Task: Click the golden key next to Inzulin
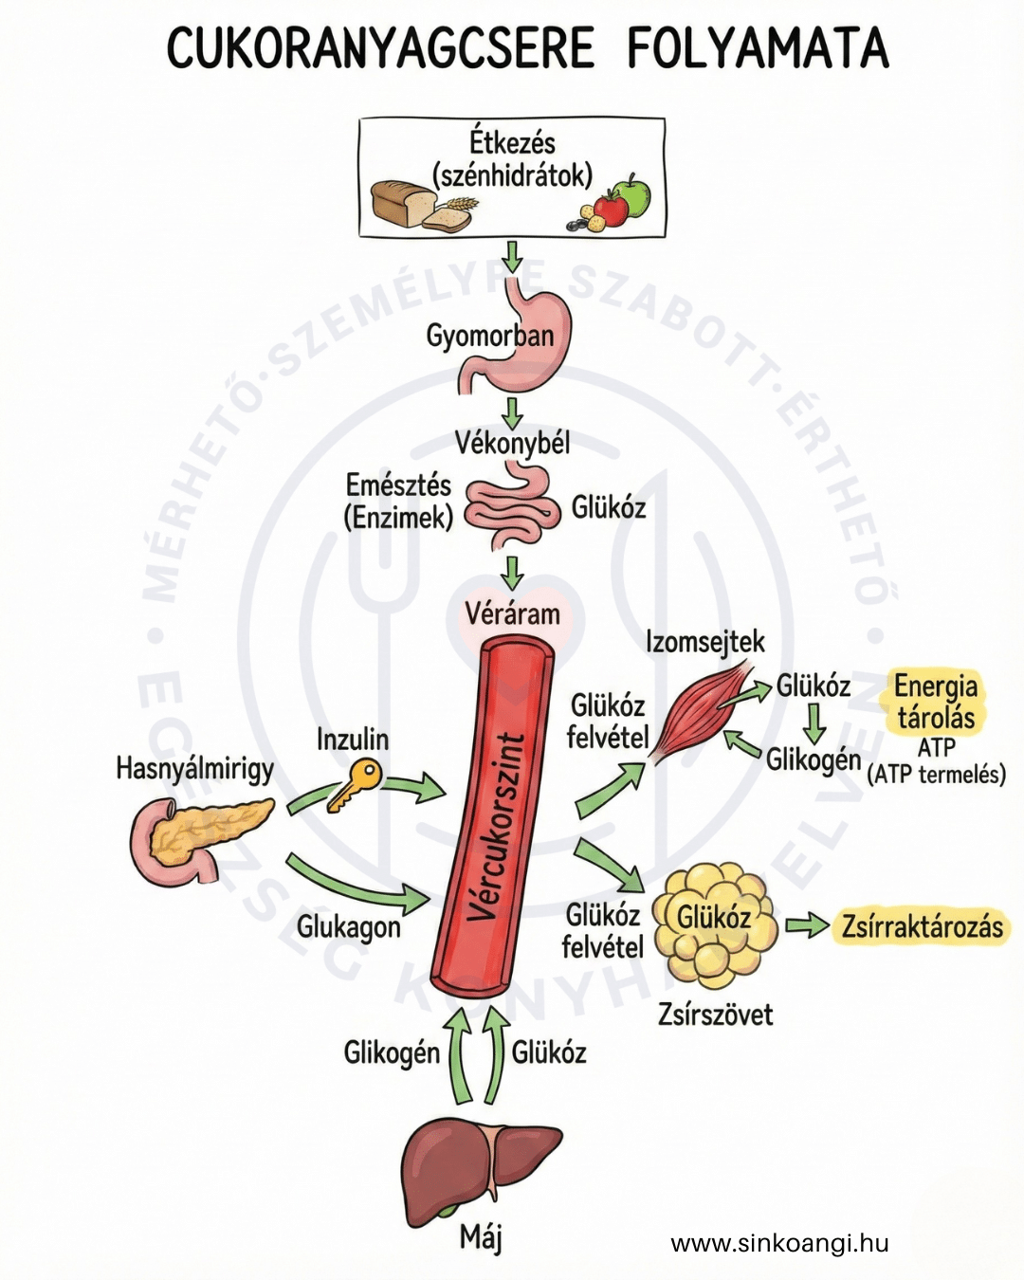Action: tap(355, 785)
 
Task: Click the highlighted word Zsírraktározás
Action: tap(922, 926)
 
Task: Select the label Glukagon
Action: tap(349, 926)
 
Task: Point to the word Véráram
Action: tap(512, 613)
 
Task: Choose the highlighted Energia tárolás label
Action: tap(935, 702)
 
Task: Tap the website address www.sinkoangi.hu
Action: tap(779, 1243)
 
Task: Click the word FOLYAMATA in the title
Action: tap(758, 49)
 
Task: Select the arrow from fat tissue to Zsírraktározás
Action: tap(806, 924)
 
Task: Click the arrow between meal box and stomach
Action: tap(512, 256)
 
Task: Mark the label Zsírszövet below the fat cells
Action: tap(715, 1015)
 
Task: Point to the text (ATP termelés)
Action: tap(936, 775)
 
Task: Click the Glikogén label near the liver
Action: tap(392, 1052)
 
